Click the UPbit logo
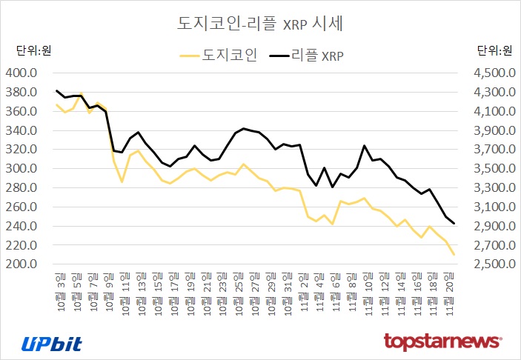(52, 343)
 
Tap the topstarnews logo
(443, 342)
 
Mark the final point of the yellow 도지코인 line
(453, 255)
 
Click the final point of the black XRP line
(453, 224)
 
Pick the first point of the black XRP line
(57, 90)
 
